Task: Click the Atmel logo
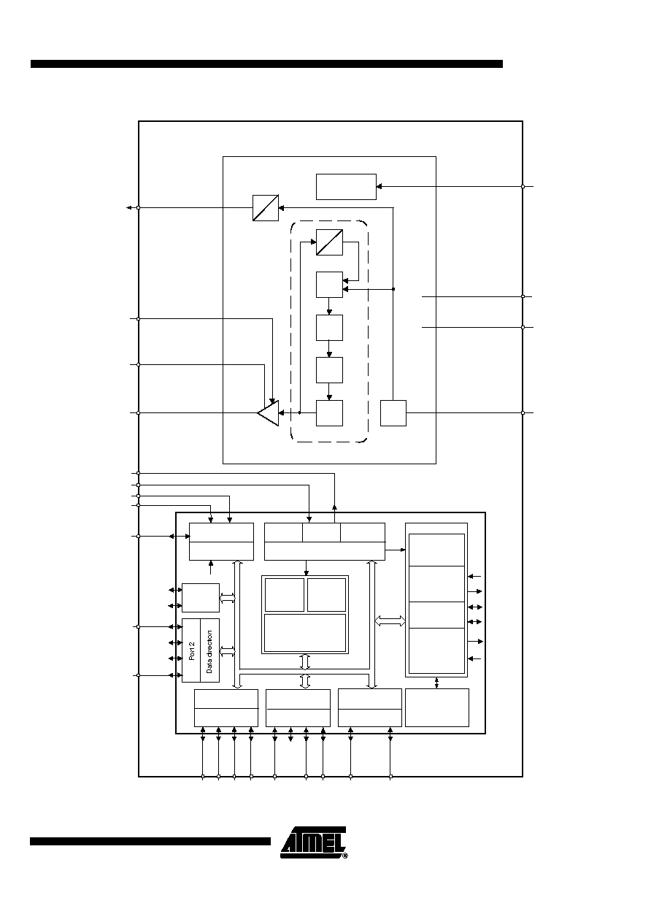point(314,842)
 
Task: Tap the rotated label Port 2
point(192,650)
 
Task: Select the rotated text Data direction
point(209,652)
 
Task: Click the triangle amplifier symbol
point(269,413)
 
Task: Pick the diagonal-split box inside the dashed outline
point(329,242)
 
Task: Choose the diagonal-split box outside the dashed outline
point(266,208)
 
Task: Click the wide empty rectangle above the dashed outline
point(346,187)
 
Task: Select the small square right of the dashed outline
point(393,413)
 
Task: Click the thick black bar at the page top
point(266,64)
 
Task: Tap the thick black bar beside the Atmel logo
point(150,841)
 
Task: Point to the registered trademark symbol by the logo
point(345,856)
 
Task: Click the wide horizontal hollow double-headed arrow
point(390,621)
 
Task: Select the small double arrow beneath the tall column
point(436,683)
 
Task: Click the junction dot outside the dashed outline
point(393,289)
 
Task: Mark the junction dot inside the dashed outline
point(299,413)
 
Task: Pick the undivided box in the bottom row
point(437,707)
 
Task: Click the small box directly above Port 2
point(201,598)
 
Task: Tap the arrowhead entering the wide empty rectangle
point(379,186)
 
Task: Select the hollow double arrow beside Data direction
point(228,652)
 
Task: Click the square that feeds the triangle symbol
point(329,413)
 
